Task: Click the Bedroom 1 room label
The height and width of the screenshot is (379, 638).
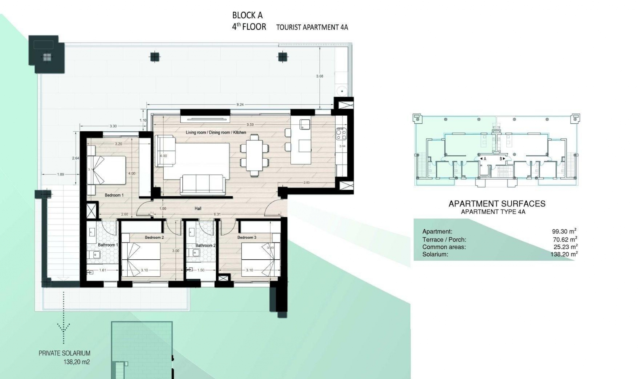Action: point(114,195)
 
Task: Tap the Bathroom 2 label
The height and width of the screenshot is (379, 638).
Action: point(205,246)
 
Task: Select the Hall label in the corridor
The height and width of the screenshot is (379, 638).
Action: point(198,209)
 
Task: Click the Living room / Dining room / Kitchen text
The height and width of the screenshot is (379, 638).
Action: point(216,133)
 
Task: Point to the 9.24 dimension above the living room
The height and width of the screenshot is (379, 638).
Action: point(240,105)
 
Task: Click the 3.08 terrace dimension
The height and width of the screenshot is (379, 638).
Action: point(319,76)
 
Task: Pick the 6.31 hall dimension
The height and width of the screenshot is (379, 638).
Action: point(217,214)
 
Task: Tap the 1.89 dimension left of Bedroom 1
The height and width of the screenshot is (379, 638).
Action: point(60,175)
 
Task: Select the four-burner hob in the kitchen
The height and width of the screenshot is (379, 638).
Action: point(341,134)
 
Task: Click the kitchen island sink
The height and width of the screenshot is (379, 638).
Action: point(305,125)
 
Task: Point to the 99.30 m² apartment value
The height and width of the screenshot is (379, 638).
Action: point(564,232)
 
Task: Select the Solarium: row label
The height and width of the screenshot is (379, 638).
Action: point(435,255)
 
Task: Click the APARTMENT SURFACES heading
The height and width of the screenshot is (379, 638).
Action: point(497,204)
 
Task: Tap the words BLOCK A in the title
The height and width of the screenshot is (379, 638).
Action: point(247,15)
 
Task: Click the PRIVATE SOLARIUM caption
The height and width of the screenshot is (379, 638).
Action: point(64,353)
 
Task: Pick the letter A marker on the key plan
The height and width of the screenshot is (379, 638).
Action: point(485,159)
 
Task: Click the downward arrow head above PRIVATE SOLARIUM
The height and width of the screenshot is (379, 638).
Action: point(63,328)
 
